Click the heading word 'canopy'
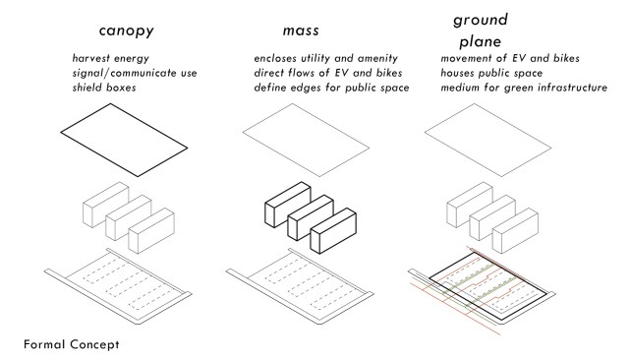coord(127,31)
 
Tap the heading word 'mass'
coord(301,30)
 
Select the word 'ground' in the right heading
coord(481,20)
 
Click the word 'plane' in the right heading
coord(481,42)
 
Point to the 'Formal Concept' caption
coord(72,344)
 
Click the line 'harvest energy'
coord(111,58)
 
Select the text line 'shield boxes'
coord(104,88)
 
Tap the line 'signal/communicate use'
coord(135,73)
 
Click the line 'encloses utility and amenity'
coord(326,58)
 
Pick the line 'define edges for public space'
coord(331,88)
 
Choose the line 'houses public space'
coord(491,73)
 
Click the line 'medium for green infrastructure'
coord(524,88)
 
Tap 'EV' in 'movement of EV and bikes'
coord(519,58)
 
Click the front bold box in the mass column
coord(333,231)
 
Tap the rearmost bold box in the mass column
coord(288,205)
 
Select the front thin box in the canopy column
coord(151,231)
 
